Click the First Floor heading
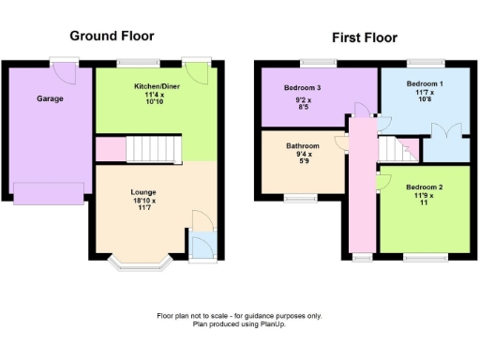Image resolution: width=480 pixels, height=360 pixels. click(365, 37)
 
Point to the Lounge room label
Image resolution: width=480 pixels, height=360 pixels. click(143, 192)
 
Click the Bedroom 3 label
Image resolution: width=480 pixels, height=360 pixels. click(302, 88)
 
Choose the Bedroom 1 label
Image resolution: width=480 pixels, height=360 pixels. click(424, 83)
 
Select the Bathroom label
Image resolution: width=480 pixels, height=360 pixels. click(303, 146)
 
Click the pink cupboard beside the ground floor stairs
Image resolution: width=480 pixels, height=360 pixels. click(110, 148)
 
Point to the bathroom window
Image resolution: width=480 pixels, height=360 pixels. click(302, 198)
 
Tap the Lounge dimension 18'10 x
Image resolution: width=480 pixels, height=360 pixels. click(143, 201)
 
